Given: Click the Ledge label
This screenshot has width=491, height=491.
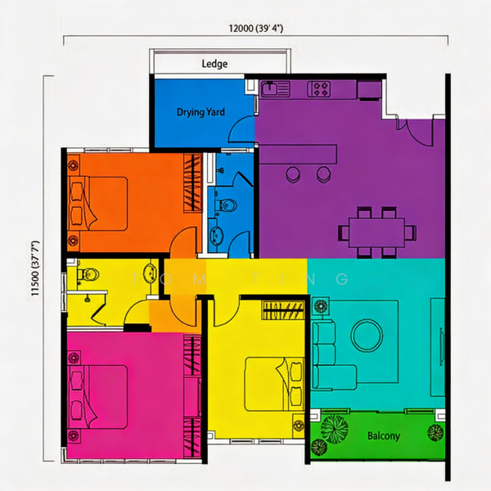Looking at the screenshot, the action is [x=214, y=64].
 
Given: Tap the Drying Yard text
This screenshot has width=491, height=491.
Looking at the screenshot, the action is [x=200, y=112].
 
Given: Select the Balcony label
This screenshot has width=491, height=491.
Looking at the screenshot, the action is [x=384, y=436].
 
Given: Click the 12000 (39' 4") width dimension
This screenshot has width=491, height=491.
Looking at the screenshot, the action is [x=256, y=29].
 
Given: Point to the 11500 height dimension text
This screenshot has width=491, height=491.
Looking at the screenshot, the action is [x=35, y=268].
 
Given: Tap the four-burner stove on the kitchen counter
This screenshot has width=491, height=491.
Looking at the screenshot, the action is [x=319, y=89].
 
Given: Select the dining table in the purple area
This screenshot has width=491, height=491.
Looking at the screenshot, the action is [x=377, y=232].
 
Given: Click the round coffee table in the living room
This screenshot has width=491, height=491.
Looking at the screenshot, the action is [x=367, y=336].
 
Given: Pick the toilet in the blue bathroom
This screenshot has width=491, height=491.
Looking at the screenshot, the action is [x=227, y=205].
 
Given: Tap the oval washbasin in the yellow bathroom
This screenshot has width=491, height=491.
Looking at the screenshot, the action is [x=150, y=273].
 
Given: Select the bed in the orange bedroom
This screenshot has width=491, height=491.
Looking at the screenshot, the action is [x=97, y=204].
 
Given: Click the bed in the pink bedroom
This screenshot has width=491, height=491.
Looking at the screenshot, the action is [x=97, y=397].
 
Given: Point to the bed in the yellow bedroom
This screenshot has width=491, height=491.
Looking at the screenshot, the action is [x=274, y=384].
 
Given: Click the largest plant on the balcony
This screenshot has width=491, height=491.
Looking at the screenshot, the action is [x=334, y=429].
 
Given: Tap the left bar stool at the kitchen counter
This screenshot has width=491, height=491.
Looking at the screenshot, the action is [x=293, y=174].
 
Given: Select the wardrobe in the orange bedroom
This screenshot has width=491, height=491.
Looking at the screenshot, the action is [x=192, y=183].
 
